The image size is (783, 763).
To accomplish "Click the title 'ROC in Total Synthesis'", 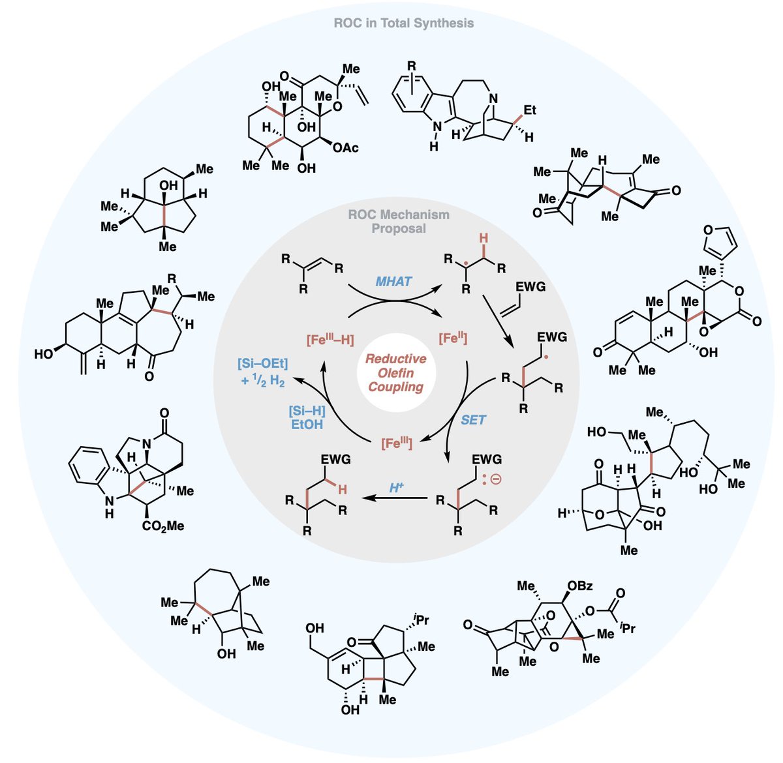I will coord(403,23).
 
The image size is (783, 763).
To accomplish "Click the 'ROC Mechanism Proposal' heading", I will coord(399,221).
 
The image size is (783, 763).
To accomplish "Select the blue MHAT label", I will coord(393,282).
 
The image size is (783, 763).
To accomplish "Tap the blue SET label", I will coord(473,420).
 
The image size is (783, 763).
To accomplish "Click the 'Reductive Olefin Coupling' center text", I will coord(395,372).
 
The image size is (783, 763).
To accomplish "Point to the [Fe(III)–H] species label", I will coord(330,340).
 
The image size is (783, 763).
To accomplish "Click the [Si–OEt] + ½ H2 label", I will coord(263,372).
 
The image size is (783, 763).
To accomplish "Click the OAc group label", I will coord(345,148).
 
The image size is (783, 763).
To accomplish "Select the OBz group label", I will coord(579,586).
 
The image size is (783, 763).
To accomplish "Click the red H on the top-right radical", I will coord(483,239).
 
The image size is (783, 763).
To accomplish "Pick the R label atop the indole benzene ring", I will coord(411,66).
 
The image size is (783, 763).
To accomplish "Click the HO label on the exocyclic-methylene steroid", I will coord(44,353).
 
